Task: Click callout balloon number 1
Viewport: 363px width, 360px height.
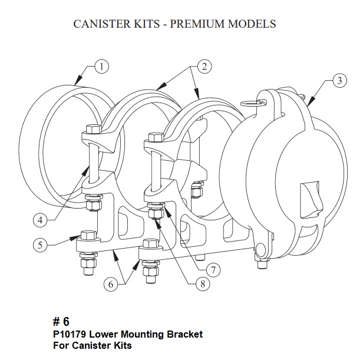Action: pos(101,67)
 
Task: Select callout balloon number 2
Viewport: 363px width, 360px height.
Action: pos(204,67)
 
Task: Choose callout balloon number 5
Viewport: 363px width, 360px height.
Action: pos(40,245)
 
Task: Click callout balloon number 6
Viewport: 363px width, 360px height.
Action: pos(110,283)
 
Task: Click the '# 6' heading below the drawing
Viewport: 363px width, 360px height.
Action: pos(61,322)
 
